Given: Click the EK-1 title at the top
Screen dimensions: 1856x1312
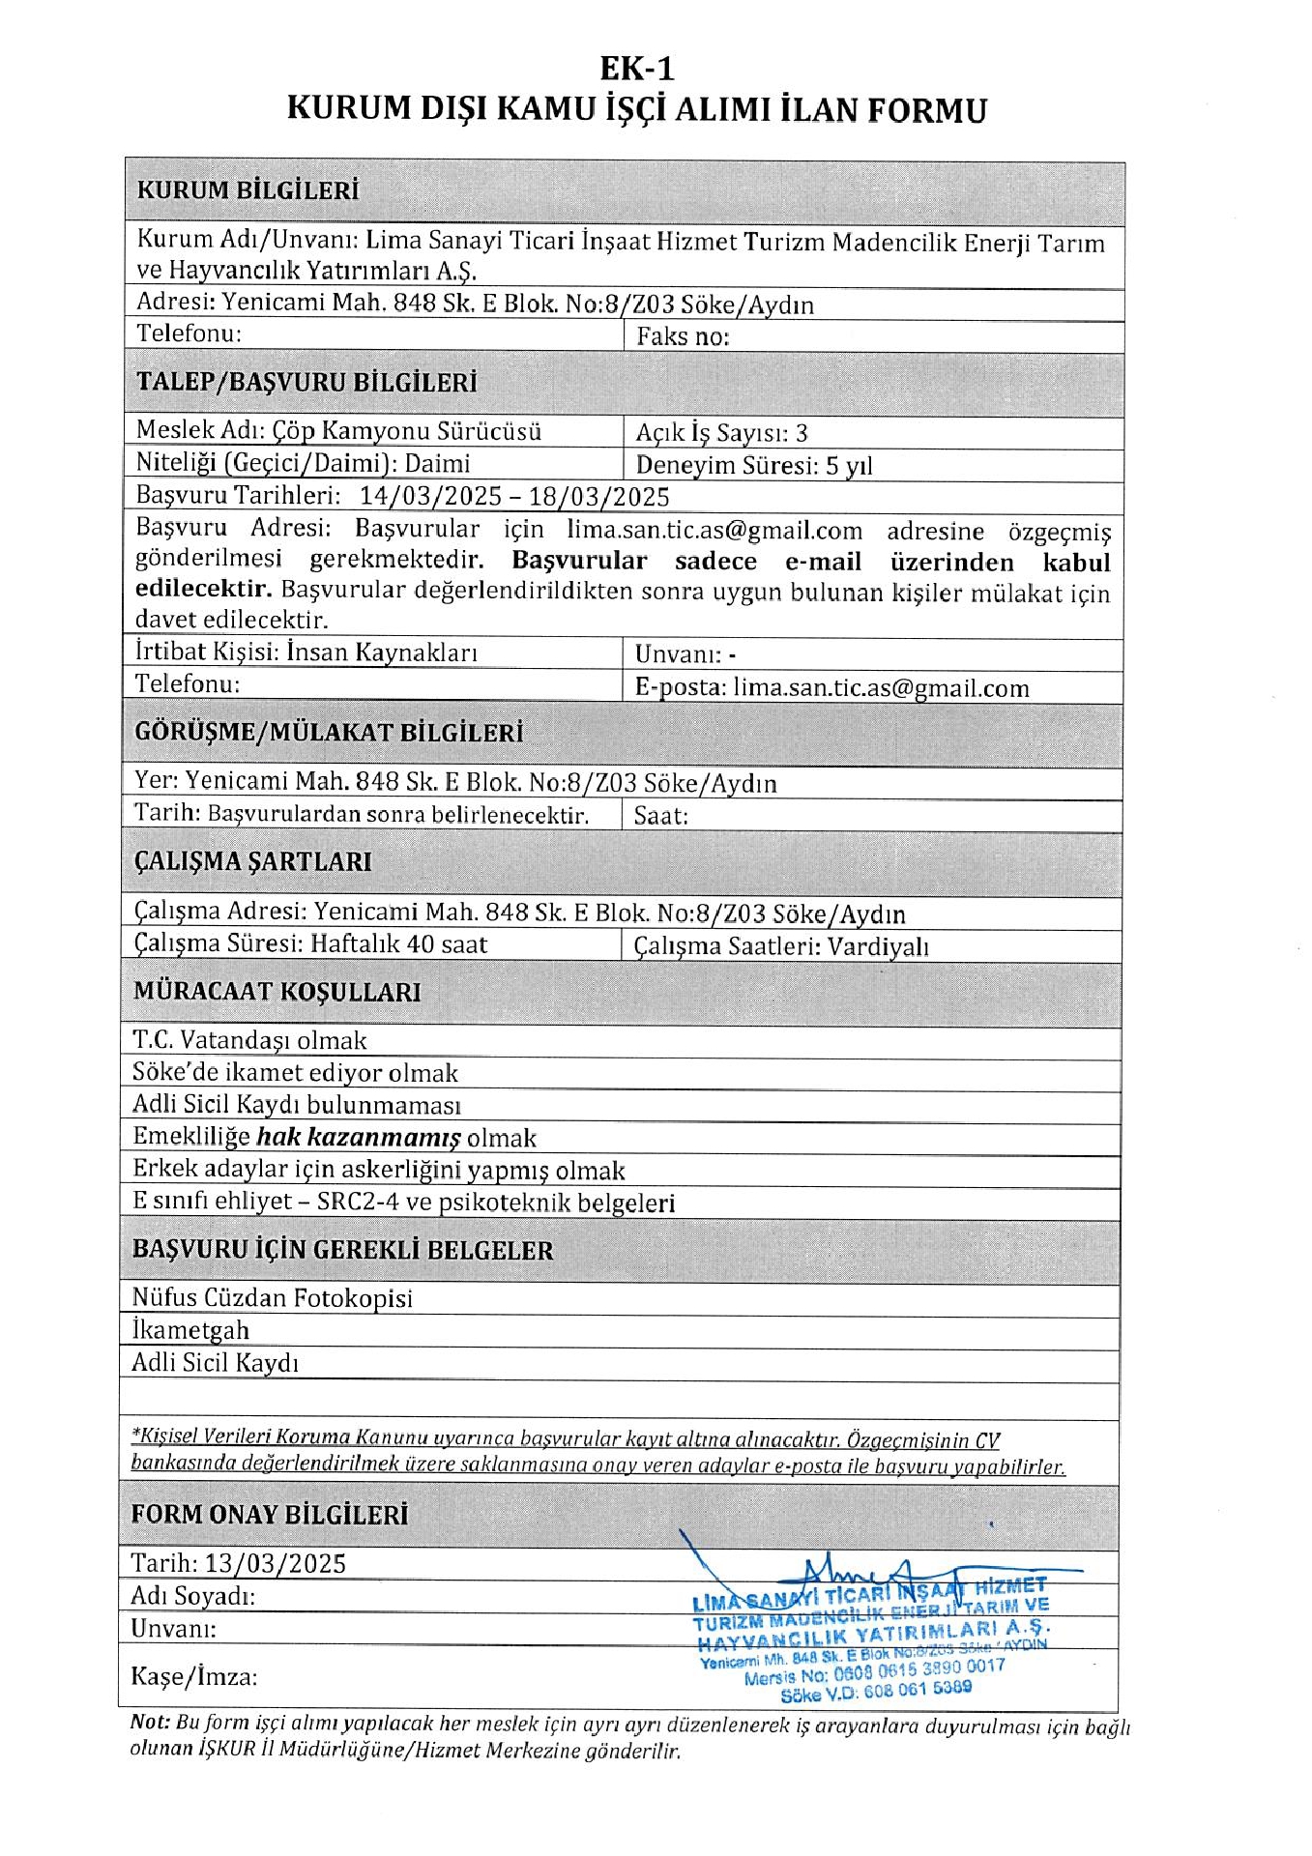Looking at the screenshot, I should click(x=636, y=69).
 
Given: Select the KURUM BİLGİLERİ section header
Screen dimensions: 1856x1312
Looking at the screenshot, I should click(x=248, y=190).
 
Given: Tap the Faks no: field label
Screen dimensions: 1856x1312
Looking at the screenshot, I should click(x=683, y=336).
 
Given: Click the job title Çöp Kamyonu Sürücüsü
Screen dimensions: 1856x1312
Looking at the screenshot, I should click(x=406, y=431).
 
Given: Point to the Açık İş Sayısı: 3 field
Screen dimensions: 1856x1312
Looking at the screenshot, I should click(x=721, y=433).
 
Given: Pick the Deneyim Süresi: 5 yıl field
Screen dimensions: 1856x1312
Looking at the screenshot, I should click(x=754, y=466).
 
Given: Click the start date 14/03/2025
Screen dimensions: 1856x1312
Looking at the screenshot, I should click(x=430, y=497).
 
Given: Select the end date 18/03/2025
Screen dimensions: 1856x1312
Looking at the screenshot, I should click(x=599, y=497).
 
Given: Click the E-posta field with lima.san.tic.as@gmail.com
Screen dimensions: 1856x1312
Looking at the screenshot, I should click(x=831, y=688).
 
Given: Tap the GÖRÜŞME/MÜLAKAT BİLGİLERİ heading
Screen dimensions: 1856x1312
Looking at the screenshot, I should click(x=329, y=733).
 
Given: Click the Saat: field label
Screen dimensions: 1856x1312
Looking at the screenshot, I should click(x=661, y=816).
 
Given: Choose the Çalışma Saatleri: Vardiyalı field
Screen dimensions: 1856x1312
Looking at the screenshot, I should click(x=781, y=946).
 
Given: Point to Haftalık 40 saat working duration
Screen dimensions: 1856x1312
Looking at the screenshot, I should click(x=398, y=944).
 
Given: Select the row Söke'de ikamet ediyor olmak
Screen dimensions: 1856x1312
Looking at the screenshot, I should click(x=295, y=1073).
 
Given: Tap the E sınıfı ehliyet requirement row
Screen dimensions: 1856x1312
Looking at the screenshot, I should click(x=403, y=1203).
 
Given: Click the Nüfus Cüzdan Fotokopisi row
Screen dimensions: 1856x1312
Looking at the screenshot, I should click(x=273, y=1298).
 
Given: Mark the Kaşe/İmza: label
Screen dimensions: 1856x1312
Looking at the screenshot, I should click(x=194, y=1677).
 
